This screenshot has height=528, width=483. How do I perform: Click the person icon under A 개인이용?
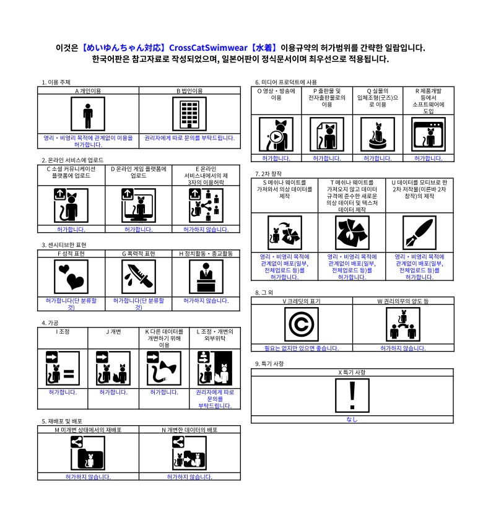[88, 114]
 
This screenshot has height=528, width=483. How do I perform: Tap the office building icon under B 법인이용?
[189, 114]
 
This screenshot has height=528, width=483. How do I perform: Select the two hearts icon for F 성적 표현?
[71, 277]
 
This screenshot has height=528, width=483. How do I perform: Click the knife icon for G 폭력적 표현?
[139, 277]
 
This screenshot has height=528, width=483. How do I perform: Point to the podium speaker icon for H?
[206, 277]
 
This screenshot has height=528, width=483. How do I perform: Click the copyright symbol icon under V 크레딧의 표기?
[302, 324]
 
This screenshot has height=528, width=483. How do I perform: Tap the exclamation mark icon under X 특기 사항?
[352, 396]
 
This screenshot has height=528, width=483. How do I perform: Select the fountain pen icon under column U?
[419, 233]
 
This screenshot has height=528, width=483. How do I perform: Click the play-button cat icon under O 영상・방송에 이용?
[276, 134]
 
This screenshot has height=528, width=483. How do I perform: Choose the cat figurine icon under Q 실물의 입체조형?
[377, 134]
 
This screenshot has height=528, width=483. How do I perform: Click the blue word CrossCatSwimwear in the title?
[208, 48]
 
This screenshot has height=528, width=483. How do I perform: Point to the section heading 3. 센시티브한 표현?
[64, 245]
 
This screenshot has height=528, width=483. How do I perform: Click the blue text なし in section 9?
[352, 419]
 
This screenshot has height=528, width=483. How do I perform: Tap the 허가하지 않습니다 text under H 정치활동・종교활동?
[206, 300]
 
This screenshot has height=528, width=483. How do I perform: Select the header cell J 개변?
[113, 332]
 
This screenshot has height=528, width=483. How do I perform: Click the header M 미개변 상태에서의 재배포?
[88, 430]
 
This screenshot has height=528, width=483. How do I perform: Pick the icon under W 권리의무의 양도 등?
[403, 324]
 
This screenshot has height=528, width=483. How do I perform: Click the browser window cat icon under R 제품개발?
[428, 134]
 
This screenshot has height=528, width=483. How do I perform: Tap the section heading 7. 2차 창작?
[269, 174]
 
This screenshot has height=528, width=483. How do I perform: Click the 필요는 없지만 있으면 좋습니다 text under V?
[302, 348]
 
